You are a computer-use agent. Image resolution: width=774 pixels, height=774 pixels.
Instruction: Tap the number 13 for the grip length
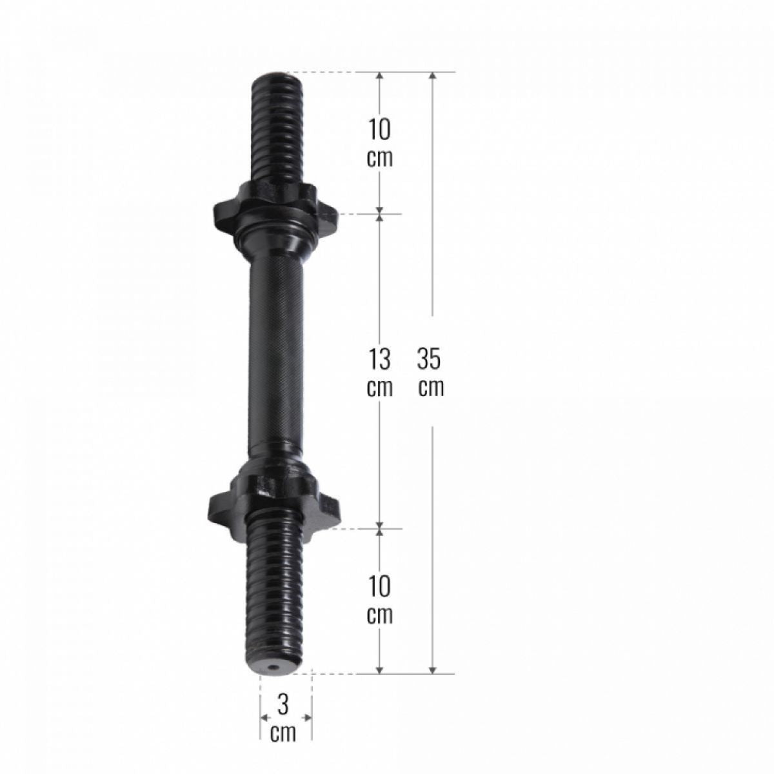(x=380, y=359)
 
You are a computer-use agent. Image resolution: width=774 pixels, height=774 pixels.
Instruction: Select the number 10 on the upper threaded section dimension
(x=380, y=130)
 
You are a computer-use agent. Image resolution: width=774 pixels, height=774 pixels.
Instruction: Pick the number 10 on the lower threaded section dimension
(x=380, y=587)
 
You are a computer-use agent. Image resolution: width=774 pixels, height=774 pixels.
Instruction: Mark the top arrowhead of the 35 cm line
(x=433, y=77)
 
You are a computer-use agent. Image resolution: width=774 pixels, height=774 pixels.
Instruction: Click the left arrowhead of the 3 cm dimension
(x=264, y=717)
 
